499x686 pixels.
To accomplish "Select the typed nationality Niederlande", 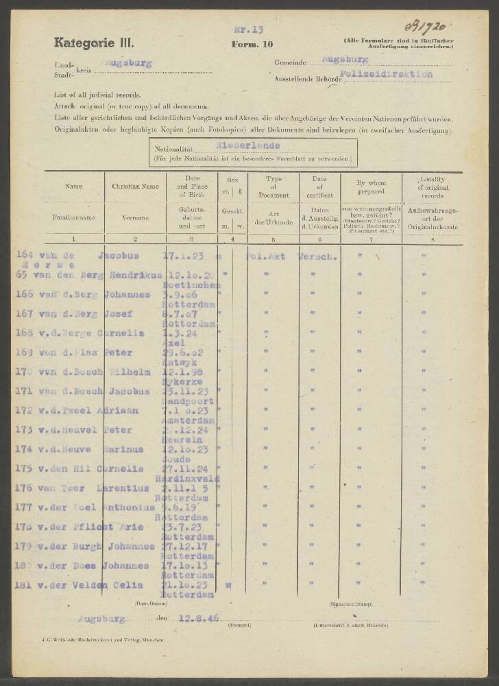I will pyautogui.click(x=247, y=145).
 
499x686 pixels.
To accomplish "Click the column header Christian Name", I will pyautogui.click(x=135, y=186).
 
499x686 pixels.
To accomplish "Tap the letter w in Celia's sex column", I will pyautogui.click(x=228, y=585).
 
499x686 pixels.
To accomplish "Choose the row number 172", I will pyautogui.click(x=24, y=410).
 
